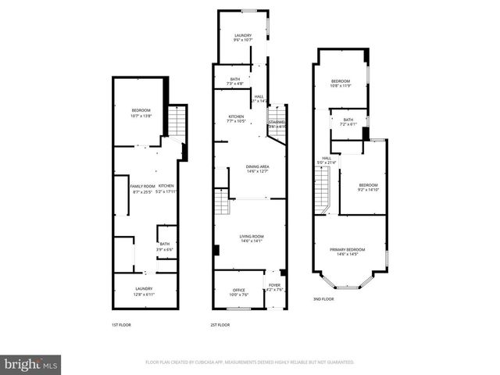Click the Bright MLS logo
[x=31, y=364]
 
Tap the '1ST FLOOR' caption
[x=122, y=324]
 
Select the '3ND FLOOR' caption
[x=323, y=299]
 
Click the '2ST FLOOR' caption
[x=220, y=324]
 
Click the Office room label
[x=238, y=292]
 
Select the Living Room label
[x=251, y=238]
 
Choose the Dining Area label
[x=251, y=168]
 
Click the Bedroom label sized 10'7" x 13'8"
[x=141, y=112]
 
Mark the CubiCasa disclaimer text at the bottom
[x=250, y=362]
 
